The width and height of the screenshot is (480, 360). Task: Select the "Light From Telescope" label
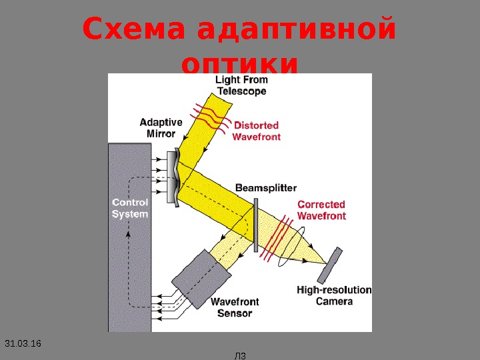241,85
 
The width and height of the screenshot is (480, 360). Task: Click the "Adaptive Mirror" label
161,127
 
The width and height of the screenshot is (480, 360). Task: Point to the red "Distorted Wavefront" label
257,131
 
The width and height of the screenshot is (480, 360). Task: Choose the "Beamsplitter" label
266,188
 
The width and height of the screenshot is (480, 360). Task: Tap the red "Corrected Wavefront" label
321,210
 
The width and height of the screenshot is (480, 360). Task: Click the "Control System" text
130,208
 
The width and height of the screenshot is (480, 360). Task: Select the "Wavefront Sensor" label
235,307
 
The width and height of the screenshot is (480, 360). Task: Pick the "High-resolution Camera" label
334,295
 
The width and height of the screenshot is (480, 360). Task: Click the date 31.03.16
23,343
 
